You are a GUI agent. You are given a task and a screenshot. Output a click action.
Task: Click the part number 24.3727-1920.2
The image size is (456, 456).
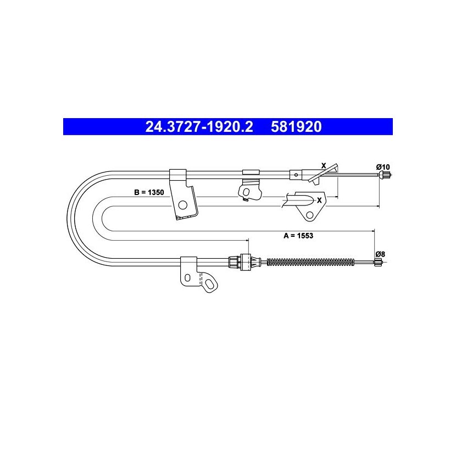point(199,127)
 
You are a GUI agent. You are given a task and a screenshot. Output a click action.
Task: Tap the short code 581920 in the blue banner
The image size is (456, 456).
point(296,127)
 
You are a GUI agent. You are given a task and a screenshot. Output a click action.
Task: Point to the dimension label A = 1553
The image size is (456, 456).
point(298,236)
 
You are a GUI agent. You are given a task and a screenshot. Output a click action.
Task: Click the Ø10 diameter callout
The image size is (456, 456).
point(383,167)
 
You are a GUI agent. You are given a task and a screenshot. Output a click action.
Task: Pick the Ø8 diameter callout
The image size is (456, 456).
point(380,254)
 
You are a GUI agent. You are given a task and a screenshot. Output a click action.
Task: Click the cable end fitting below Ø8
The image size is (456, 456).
point(378,262)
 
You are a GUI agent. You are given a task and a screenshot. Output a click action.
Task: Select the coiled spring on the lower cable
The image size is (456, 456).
point(310,262)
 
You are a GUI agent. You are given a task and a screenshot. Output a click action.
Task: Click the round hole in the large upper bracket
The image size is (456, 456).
point(182,205)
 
